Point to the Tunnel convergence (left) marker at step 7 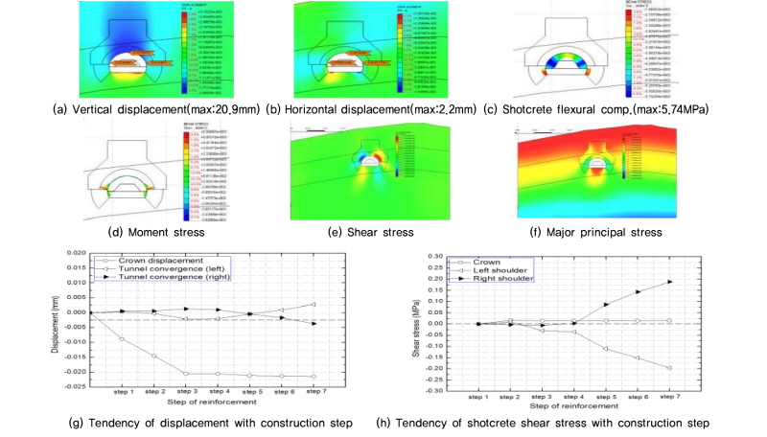click(x=315, y=304)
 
